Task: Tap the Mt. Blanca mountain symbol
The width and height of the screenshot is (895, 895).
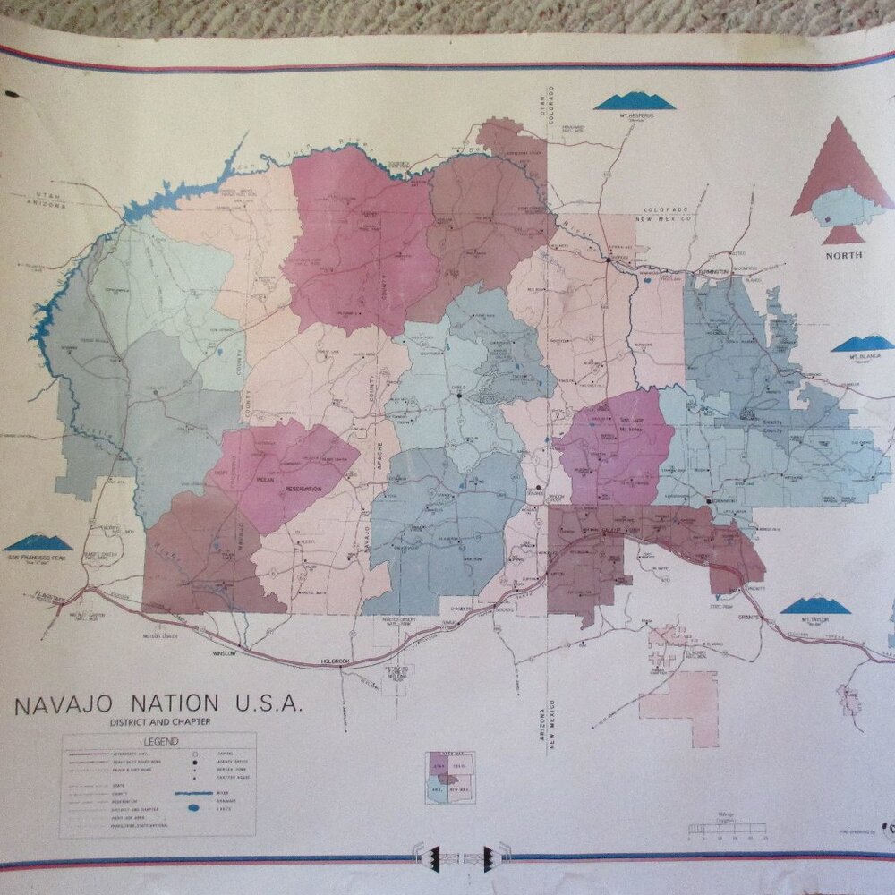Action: (863, 344)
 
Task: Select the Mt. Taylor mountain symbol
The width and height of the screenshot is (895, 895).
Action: (814, 606)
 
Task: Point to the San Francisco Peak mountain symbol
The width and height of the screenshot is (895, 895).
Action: (38, 542)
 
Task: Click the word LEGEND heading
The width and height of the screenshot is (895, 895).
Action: (158, 741)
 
